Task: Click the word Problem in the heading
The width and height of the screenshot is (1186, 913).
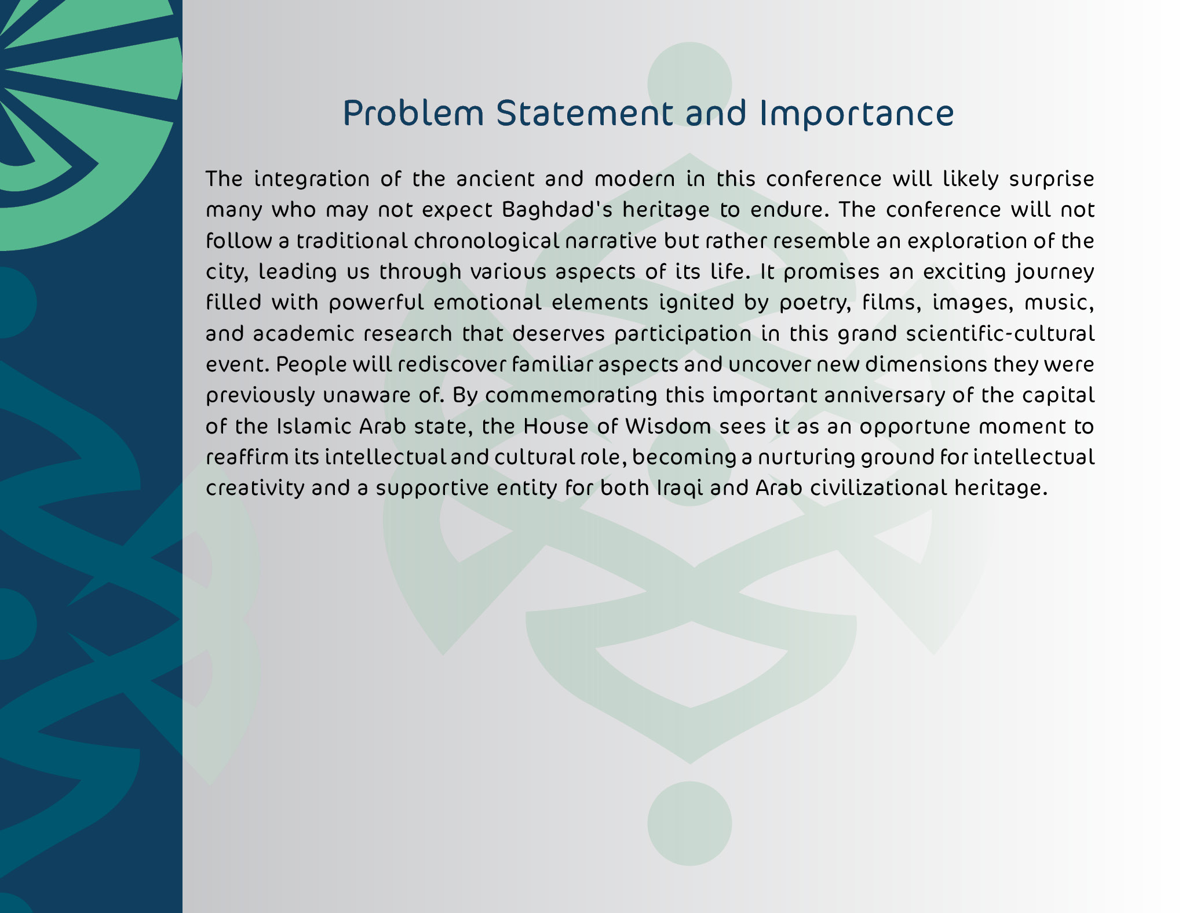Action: click(x=413, y=114)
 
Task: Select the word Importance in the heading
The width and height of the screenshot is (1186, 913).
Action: click(x=856, y=114)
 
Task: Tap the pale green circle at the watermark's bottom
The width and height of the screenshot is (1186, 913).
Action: click(x=689, y=823)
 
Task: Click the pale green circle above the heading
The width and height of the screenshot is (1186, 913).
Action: click(x=689, y=83)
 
